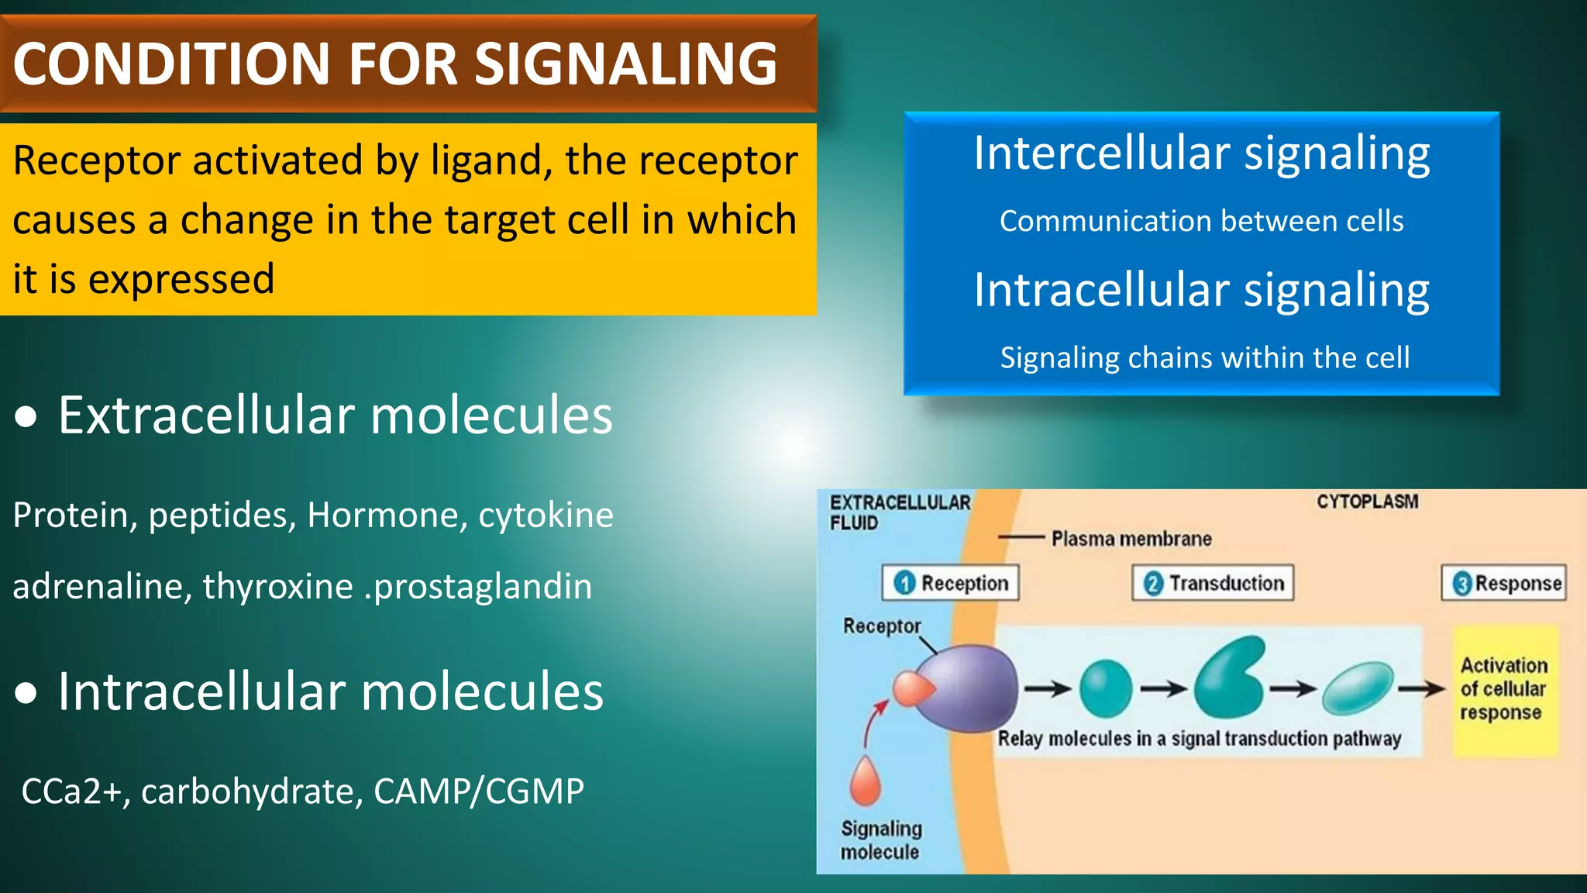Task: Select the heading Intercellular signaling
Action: [1201, 153]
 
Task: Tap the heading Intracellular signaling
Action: [1201, 290]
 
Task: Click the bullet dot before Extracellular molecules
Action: [26, 418]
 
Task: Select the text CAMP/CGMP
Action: [478, 791]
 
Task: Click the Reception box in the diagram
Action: [950, 583]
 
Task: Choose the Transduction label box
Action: [1213, 583]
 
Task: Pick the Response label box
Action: [1503, 583]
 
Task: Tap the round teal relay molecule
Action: [1105, 688]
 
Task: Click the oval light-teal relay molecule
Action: [1358, 687]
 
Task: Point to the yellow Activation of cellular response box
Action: [1503, 690]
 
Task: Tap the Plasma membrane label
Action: [1131, 539]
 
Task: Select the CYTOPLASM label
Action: [1367, 502]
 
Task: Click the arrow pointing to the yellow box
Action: [1421, 688]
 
